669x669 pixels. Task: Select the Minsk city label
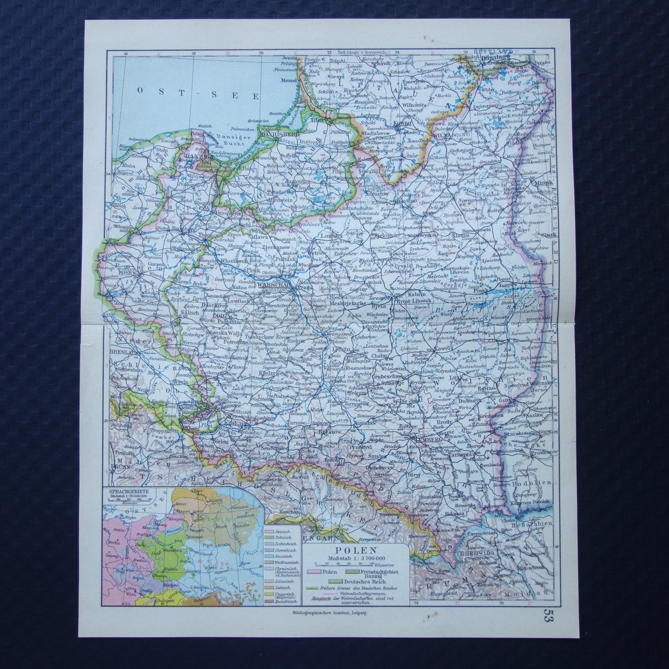pos(537,182)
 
